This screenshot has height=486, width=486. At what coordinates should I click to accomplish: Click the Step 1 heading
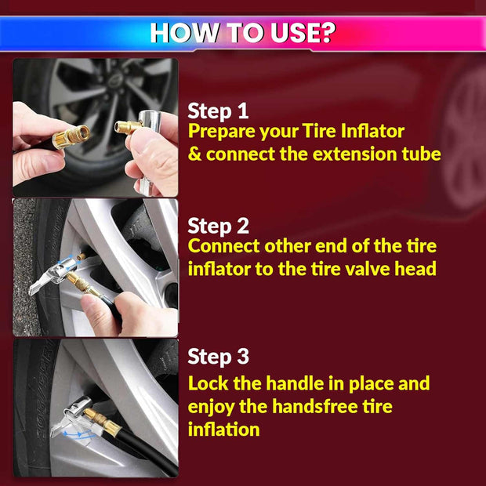point(218,111)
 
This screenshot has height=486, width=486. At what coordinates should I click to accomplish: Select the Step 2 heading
point(218,226)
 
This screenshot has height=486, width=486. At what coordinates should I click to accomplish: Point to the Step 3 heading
point(218,356)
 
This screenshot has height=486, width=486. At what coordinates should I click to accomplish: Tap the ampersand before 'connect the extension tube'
point(194,154)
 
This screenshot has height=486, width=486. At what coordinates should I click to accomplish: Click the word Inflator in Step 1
point(372,131)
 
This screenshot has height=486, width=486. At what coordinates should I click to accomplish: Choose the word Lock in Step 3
point(209,383)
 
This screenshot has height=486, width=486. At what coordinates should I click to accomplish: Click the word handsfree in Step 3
point(314,406)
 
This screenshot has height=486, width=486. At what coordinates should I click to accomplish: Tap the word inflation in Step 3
point(223,430)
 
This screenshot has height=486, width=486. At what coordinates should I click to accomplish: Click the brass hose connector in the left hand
point(71,136)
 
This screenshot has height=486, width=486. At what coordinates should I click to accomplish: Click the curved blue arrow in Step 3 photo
point(78,434)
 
